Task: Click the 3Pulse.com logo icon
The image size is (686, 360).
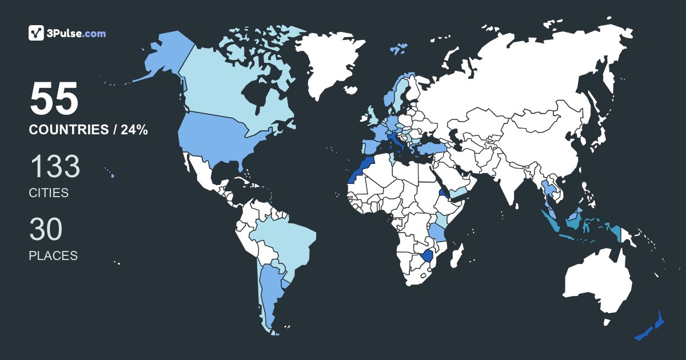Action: tap(36, 33)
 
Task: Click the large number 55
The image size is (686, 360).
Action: tap(54, 99)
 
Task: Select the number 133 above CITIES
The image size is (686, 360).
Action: tap(55, 167)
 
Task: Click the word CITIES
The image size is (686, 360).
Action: tap(49, 193)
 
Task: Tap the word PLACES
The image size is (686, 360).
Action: tap(53, 255)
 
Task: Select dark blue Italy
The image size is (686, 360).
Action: tap(394, 141)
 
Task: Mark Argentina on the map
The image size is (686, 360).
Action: tap(269, 291)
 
